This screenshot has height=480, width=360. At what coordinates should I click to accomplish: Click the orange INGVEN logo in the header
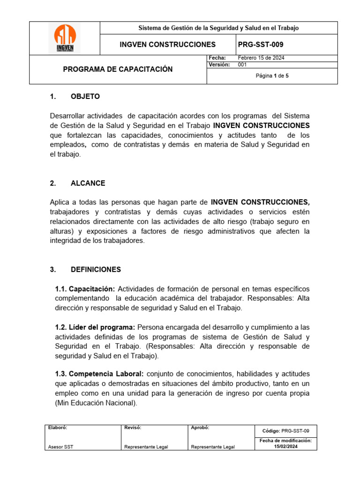tap(65, 38)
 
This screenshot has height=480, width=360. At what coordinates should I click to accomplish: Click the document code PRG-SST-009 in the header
tap(261, 45)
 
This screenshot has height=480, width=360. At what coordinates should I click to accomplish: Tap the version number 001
tap(242, 65)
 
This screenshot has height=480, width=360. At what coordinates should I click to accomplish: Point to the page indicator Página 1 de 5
tap(275, 76)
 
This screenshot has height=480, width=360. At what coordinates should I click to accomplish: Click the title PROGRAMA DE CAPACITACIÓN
tap(118, 69)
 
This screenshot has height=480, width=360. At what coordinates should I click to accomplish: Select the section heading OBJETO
tap(85, 97)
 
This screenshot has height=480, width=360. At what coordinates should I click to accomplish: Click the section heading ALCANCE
tap(88, 183)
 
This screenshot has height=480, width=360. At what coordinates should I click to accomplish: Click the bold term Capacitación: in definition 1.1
tap(92, 289)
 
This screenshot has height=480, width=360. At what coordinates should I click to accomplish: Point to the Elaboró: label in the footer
tap(58, 427)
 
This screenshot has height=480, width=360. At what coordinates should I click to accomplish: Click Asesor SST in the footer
tap(60, 447)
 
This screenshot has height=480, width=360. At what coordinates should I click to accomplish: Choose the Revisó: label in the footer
tap(133, 427)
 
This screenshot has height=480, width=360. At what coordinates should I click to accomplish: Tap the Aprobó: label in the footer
tap(200, 427)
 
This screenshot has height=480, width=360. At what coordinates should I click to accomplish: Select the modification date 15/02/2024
tap(286, 447)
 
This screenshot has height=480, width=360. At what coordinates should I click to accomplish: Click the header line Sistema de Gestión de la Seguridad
tap(218, 28)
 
